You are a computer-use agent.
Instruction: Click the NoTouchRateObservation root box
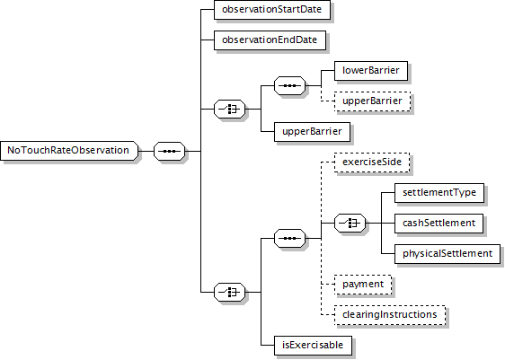tap(69, 151)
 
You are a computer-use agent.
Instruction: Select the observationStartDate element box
tap(272, 10)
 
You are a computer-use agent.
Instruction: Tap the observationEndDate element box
tap(270, 40)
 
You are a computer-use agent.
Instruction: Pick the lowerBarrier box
tap(371, 71)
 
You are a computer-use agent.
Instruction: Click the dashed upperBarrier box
tap(372, 101)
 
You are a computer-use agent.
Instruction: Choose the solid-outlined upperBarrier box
tap(312, 132)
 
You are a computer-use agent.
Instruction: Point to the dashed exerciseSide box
tap(372, 162)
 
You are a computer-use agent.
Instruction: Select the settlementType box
tap(439, 193)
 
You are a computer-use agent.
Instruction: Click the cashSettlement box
tap(439, 224)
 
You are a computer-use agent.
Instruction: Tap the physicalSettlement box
tap(447, 254)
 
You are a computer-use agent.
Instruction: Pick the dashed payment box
tap(363, 285)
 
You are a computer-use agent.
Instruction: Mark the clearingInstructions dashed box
tap(390, 315)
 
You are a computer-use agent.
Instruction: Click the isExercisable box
tap(313, 346)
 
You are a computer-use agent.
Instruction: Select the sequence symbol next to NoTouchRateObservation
tap(170, 151)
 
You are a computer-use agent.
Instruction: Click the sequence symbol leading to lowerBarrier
tap(290, 86)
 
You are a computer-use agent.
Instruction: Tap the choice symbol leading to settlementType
tap(350, 223)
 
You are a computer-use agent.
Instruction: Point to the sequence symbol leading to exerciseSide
tap(290, 239)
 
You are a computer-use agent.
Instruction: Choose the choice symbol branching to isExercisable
tap(230, 293)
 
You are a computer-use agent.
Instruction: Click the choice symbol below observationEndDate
tap(230, 109)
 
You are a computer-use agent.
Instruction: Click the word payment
tap(363, 285)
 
